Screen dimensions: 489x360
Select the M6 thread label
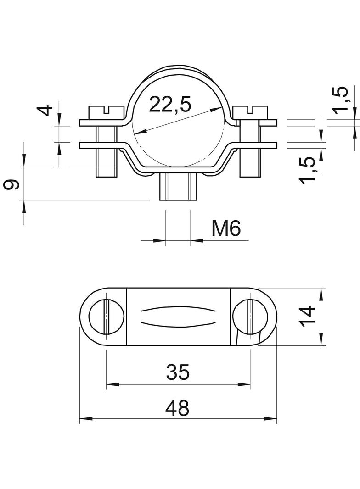(225, 228)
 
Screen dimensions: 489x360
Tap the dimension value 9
(12, 185)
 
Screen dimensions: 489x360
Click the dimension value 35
(177, 372)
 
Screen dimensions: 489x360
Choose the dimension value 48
(177, 407)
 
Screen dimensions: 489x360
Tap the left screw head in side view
(106, 111)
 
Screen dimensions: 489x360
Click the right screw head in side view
(250, 111)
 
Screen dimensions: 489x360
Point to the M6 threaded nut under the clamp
(178, 187)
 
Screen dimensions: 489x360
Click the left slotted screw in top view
(106, 316)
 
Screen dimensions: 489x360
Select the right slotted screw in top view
(250, 316)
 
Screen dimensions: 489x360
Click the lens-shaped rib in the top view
(178, 316)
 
